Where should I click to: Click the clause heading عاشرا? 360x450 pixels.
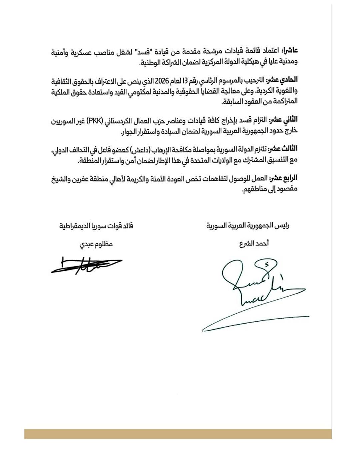coord(289,51)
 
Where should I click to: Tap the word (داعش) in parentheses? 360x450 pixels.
coord(136,149)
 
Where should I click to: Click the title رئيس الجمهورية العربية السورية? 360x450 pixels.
coord(248,226)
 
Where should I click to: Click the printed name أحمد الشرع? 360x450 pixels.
coord(254,244)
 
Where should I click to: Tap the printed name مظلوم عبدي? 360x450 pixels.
coord(96,244)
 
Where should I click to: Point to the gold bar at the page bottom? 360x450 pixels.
coord(178,434)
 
